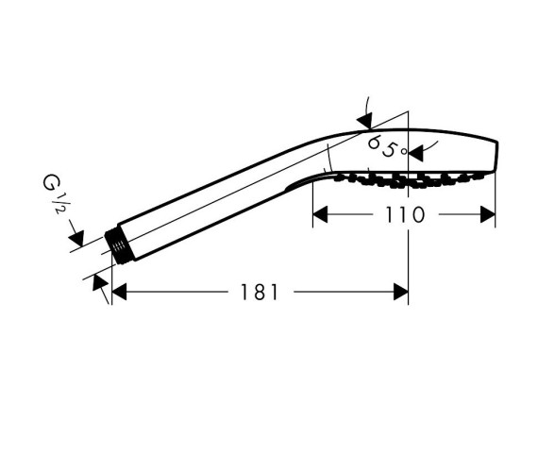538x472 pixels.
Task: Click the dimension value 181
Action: click(259, 292)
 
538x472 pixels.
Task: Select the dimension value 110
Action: click(405, 215)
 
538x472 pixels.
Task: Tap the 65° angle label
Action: click(387, 146)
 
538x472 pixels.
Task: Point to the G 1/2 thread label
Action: click(54, 194)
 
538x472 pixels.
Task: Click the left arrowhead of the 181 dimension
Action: click(119, 292)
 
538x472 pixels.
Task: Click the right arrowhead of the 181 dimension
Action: click(401, 292)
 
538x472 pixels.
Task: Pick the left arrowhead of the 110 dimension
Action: click(320, 214)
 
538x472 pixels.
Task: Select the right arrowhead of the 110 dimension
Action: click(488, 214)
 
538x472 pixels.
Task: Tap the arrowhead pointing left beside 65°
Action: click(416, 154)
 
